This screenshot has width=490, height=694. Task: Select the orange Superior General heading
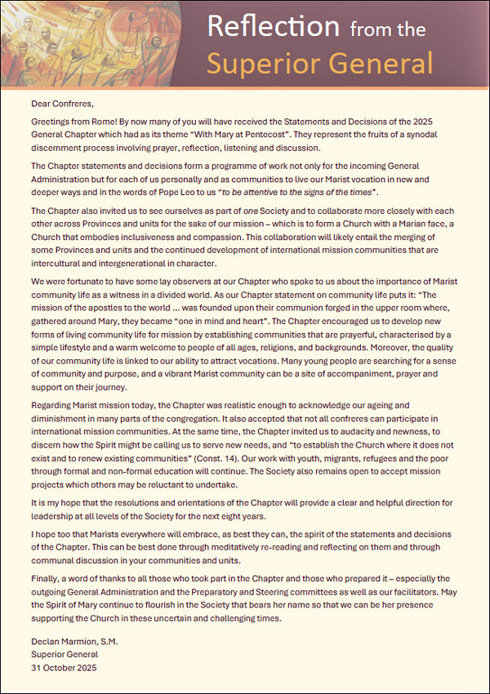point(319,62)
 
